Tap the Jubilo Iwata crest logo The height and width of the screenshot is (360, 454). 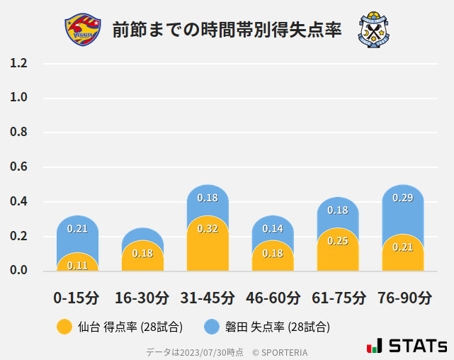click(373, 30)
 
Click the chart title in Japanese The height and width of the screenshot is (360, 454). click(227, 30)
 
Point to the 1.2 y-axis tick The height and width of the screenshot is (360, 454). click(18, 63)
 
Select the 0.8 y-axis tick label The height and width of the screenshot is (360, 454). click(18, 133)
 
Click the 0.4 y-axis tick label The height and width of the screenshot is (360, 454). click(18, 202)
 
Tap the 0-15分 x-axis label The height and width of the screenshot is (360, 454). click(76, 297)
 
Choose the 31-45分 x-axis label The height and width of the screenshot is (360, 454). click(207, 297)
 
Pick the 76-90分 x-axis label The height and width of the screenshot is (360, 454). click(403, 297)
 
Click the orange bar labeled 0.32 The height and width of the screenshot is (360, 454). click(208, 244)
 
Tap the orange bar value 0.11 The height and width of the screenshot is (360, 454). click(77, 265)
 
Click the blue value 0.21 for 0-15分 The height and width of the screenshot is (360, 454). click(77, 228)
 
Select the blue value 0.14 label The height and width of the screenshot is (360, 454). click(273, 228)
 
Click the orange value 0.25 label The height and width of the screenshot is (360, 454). click(338, 241)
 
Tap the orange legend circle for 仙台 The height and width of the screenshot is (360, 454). click(64, 327)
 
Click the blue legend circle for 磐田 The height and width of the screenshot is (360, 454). click(211, 327)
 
